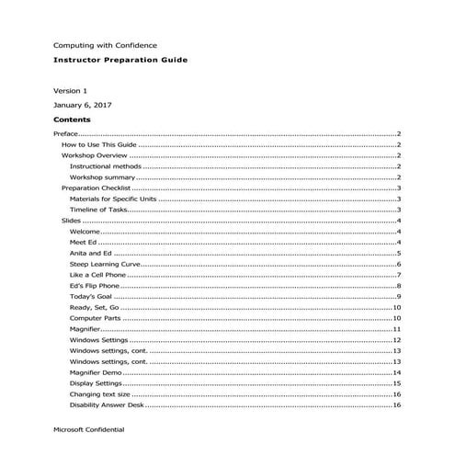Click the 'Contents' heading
tap(72, 119)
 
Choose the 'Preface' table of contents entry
tap(66, 134)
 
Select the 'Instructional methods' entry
tap(105, 166)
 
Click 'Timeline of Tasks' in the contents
tap(99, 210)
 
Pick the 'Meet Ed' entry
tap(84, 242)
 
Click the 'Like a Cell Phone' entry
tap(98, 275)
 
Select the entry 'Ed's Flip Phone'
tap(95, 286)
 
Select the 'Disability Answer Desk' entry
tap(107, 404)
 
